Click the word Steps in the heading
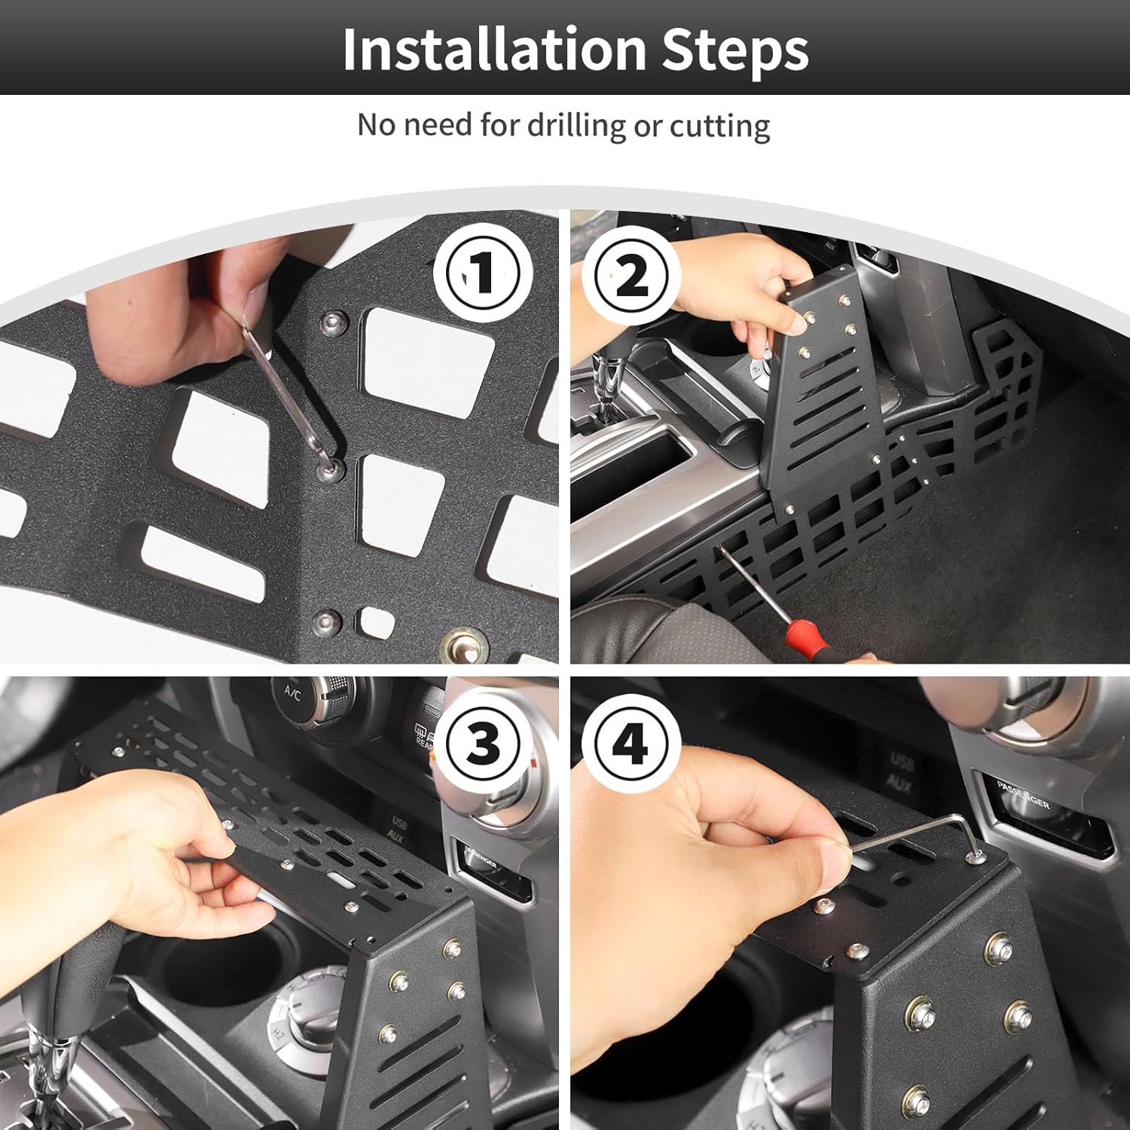(x=734, y=50)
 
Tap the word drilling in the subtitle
(x=576, y=125)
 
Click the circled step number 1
(x=482, y=273)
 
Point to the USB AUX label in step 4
(x=901, y=772)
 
